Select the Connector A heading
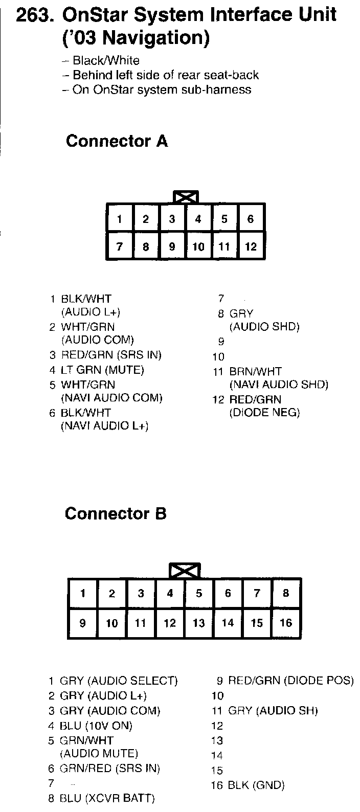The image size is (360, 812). click(x=117, y=141)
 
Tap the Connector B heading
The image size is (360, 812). click(x=116, y=513)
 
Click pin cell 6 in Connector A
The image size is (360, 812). click(x=251, y=219)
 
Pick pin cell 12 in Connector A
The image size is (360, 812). click(x=251, y=247)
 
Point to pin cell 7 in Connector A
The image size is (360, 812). click(x=119, y=247)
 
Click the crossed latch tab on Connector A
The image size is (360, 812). click(x=186, y=197)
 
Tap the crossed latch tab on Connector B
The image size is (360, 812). click(x=185, y=571)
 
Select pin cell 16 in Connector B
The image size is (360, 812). click(x=286, y=623)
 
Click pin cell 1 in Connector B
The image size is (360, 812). click(x=83, y=594)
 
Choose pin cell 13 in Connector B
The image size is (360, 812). click(x=199, y=623)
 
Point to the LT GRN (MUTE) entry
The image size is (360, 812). click(x=102, y=369)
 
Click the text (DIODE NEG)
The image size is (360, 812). click(x=264, y=412)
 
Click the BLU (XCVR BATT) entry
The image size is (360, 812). click(x=107, y=798)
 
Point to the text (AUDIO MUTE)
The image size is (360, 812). click(x=99, y=753)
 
